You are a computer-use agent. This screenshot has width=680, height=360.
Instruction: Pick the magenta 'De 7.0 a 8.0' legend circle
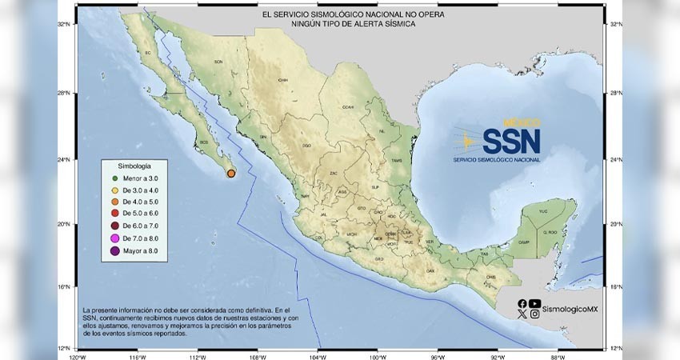(116, 239)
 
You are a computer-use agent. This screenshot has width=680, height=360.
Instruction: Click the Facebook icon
(522, 303)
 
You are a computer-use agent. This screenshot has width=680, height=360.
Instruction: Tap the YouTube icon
(535, 303)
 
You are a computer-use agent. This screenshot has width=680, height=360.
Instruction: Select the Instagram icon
(535, 314)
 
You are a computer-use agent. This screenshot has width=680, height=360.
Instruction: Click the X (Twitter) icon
(522, 314)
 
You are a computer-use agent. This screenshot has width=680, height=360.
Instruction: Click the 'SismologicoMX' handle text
(569, 308)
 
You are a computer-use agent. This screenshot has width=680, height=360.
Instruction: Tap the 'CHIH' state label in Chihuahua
(282, 80)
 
